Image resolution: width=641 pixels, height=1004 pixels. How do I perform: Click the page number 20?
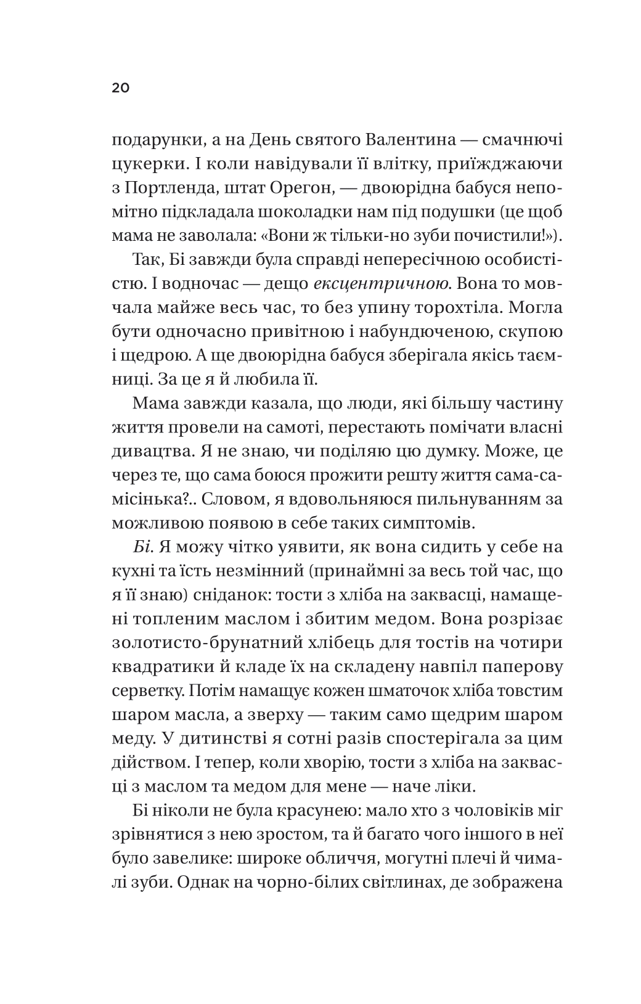(120, 88)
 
